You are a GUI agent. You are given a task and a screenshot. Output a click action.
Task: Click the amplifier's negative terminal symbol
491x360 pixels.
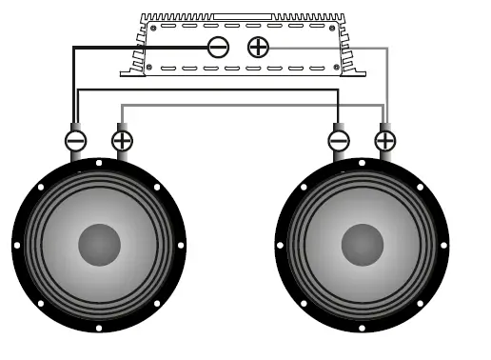pyautogui.click(x=218, y=47)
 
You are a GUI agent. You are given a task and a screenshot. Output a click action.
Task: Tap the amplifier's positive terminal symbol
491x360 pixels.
pyautogui.click(x=258, y=47)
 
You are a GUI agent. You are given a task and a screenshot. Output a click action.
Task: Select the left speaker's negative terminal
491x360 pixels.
pyautogui.click(x=75, y=141)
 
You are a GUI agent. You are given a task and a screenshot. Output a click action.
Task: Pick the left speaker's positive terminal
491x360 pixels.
pyautogui.click(x=122, y=141)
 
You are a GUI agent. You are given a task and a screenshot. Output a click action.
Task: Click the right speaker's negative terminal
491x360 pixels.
pyautogui.click(x=338, y=141)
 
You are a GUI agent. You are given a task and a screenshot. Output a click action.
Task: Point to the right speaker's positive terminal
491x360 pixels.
pyautogui.click(x=384, y=141)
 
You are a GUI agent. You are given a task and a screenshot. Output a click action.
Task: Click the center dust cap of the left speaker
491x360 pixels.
pyautogui.click(x=99, y=245)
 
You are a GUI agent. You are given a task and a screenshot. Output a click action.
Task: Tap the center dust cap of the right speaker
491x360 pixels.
pyautogui.click(x=362, y=245)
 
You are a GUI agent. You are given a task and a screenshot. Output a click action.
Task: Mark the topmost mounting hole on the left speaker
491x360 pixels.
pyautogui.click(x=99, y=163)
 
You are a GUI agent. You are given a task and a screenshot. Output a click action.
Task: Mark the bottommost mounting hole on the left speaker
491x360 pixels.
pyautogui.click(x=99, y=329)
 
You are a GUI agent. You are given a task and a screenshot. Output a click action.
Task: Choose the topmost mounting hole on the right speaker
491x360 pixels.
pyautogui.click(x=362, y=163)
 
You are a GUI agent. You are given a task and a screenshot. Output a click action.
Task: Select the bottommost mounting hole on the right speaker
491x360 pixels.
pyautogui.click(x=362, y=329)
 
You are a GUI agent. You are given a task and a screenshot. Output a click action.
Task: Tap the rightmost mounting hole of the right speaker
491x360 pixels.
pyautogui.click(x=444, y=246)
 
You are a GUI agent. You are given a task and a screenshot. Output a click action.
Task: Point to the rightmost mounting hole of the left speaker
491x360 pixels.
pyautogui.click(x=182, y=246)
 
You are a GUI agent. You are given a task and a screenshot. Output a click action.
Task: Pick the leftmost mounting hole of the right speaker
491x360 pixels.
pyautogui.click(x=279, y=246)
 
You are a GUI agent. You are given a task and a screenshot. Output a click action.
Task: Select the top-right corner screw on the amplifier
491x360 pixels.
pyautogui.click(x=333, y=29)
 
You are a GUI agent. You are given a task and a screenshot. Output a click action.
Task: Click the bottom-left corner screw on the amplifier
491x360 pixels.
pyautogui.click(x=148, y=67)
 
